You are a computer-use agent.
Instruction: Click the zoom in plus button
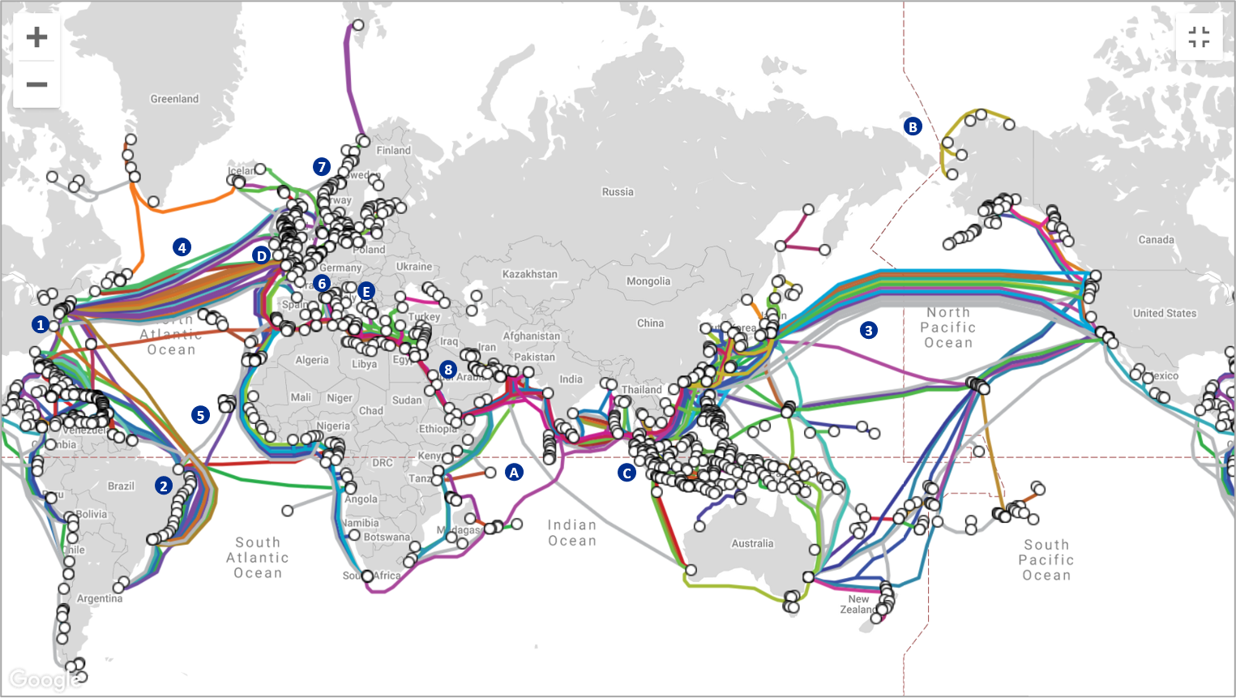(x=36, y=37)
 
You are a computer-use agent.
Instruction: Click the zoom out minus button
(x=36, y=84)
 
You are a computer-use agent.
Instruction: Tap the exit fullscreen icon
(x=1199, y=37)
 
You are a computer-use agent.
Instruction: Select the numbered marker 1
(x=41, y=325)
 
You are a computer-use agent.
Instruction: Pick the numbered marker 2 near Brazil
(x=164, y=486)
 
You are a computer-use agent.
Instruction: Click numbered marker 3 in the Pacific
(x=869, y=330)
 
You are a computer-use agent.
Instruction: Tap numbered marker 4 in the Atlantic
(x=182, y=247)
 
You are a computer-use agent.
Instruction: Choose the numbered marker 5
(x=200, y=415)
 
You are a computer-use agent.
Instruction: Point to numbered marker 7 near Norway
(x=322, y=167)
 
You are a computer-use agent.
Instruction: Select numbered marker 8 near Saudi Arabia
(x=448, y=370)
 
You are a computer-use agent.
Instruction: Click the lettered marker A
(x=514, y=472)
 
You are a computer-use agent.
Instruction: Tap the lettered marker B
(x=913, y=126)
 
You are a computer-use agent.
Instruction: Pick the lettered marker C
(x=627, y=473)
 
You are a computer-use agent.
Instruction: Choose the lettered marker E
(x=366, y=291)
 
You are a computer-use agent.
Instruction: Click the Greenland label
(x=174, y=99)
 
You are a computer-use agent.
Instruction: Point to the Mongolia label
(x=648, y=281)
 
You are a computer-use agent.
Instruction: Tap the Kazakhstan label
(x=530, y=274)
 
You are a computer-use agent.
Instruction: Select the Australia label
(x=752, y=543)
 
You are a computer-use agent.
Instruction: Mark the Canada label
(x=1156, y=240)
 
